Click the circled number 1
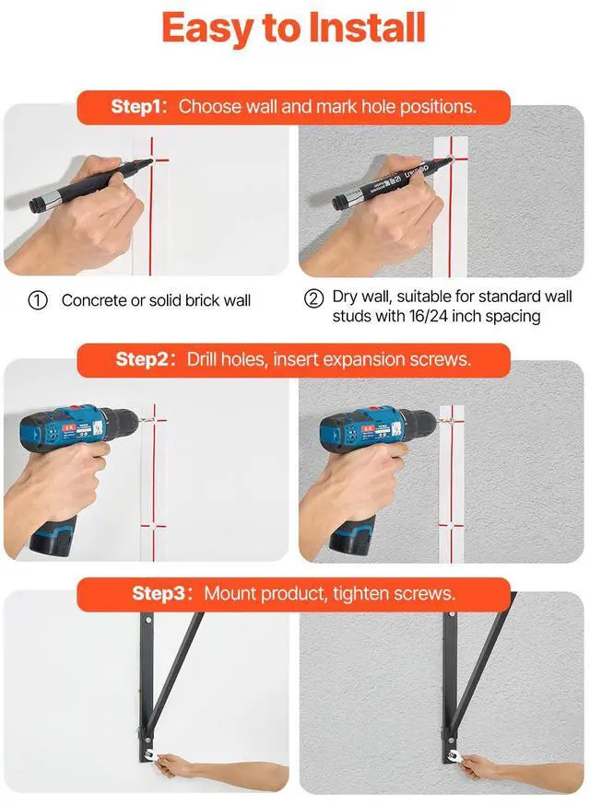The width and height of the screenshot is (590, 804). tap(38, 300)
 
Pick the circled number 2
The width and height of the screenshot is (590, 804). tap(313, 297)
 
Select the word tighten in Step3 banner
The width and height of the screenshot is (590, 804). tap(361, 594)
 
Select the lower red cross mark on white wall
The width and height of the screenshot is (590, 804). tap(153, 526)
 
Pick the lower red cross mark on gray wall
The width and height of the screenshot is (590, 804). tap(452, 525)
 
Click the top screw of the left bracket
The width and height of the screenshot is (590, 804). tap(148, 620)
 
